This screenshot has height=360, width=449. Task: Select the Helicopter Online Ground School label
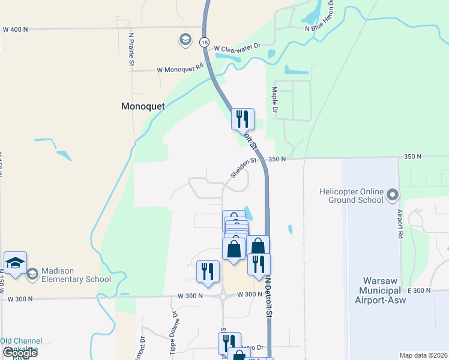[x=351, y=196]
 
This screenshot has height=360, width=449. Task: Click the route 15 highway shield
[x=205, y=43]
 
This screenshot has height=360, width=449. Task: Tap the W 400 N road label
[x=16, y=29]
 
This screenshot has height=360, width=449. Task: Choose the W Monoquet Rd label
[x=180, y=70]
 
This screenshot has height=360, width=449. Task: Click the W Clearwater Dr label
[x=238, y=46]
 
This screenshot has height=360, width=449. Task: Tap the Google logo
[x=20, y=353]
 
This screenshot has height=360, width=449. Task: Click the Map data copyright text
[x=423, y=355]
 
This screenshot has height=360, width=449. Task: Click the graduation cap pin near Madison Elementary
[x=15, y=263]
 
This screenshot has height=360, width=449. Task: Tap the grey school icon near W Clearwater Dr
[x=185, y=40]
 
